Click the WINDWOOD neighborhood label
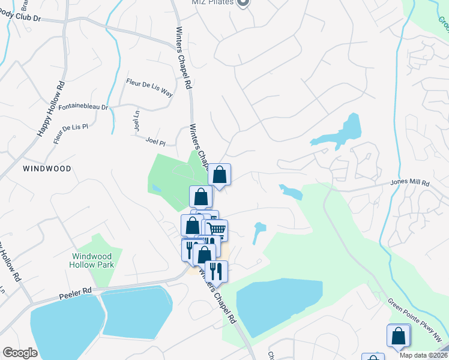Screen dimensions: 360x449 [47, 169]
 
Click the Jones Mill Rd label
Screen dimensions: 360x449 [410, 182]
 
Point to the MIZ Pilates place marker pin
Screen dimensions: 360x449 [243, 3]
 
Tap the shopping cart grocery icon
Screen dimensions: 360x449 [217, 229]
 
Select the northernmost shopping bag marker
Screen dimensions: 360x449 [220, 175]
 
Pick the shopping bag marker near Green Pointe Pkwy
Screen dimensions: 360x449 [399, 336]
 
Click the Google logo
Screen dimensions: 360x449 [20, 353]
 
